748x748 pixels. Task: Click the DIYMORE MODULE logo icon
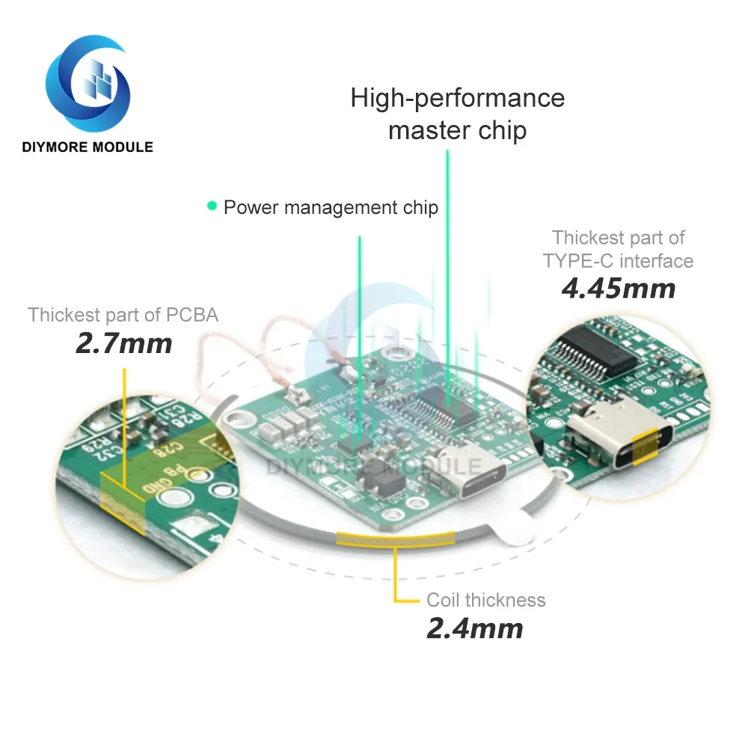coord(88,82)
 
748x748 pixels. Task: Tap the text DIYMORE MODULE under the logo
coord(88,147)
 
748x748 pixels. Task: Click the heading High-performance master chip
coord(457,114)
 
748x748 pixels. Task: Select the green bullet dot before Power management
coord(212,206)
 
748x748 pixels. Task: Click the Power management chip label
coord(331,207)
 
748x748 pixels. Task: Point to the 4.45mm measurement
coord(618,288)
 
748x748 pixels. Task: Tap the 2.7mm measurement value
coord(123,343)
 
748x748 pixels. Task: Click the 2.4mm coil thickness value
coord(474,628)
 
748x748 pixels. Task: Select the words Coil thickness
coord(486,600)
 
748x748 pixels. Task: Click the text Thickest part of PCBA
coord(123,315)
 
